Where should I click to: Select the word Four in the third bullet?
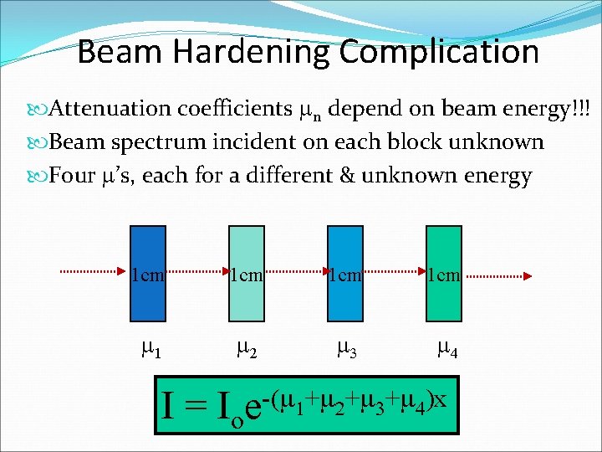click(x=72, y=176)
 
